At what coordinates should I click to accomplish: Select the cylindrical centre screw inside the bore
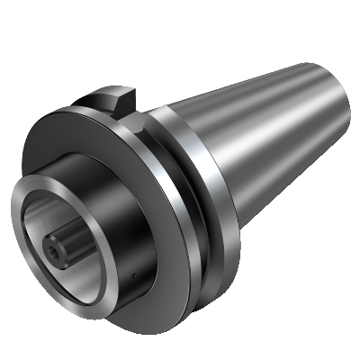[65, 243]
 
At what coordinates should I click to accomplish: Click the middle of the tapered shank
[261, 135]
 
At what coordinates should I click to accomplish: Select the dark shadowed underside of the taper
[279, 180]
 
